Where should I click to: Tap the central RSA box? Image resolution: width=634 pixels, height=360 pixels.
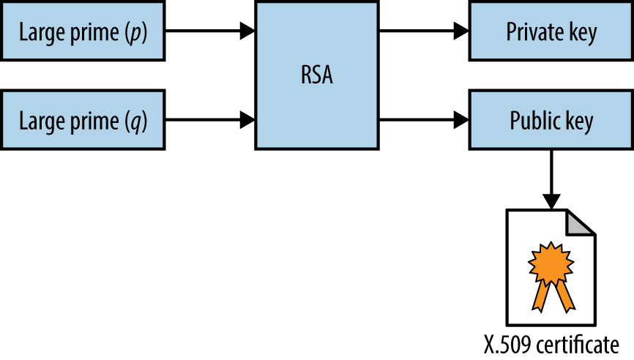click(x=316, y=75)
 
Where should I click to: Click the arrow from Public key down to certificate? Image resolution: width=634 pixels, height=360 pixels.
click(x=551, y=176)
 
